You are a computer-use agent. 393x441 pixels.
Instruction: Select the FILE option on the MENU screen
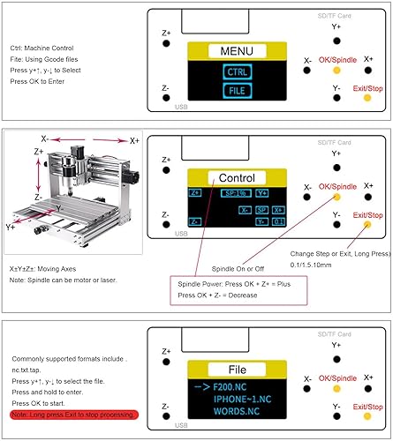pyautogui.click(x=236, y=90)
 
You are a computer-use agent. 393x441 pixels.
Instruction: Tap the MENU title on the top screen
pyautogui.click(x=236, y=50)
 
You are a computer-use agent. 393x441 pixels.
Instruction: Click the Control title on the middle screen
pyautogui.click(x=236, y=177)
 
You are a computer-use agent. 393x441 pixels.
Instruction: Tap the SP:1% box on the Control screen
pyautogui.click(x=234, y=192)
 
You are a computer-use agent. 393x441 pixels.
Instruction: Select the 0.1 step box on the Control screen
pyautogui.click(x=277, y=222)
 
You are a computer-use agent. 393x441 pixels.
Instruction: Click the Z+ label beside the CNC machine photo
pyautogui.click(x=39, y=152)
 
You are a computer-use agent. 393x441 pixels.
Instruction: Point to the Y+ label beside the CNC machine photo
pyautogui.click(x=11, y=227)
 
